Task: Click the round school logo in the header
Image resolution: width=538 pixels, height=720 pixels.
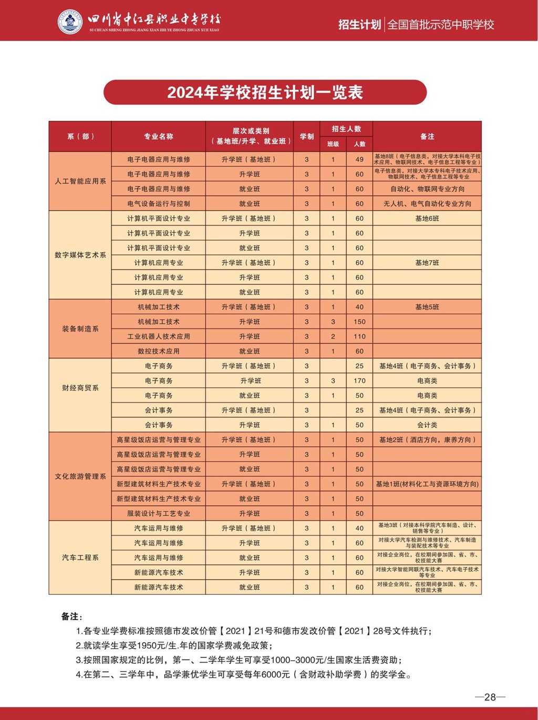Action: (x=70, y=22)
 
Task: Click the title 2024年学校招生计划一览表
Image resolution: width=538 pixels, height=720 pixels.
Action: (x=265, y=92)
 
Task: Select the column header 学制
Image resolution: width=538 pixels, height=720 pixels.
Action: (x=307, y=137)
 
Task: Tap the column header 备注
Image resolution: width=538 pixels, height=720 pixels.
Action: (x=427, y=137)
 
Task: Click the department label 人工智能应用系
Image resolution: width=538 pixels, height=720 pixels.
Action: (x=80, y=181)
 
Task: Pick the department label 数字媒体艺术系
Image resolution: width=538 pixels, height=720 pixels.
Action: (x=80, y=255)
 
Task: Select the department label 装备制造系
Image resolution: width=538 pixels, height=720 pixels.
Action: (x=80, y=329)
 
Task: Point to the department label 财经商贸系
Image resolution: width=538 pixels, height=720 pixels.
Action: (x=80, y=388)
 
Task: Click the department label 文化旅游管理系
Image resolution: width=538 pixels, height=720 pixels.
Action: (x=80, y=476)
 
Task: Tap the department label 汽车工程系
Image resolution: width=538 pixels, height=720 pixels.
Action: (x=80, y=558)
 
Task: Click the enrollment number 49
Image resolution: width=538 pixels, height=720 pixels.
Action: (x=359, y=159)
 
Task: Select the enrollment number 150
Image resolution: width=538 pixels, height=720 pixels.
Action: (x=359, y=322)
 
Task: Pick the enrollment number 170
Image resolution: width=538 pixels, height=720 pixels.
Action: (x=359, y=380)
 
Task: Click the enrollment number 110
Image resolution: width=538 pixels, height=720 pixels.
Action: (x=359, y=336)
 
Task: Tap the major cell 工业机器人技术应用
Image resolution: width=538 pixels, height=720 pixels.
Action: (x=159, y=336)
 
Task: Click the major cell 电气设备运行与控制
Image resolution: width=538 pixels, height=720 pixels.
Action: (x=159, y=203)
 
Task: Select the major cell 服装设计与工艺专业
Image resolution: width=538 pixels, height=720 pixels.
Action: (x=159, y=513)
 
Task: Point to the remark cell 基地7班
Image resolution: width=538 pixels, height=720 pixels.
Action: (x=427, y=263)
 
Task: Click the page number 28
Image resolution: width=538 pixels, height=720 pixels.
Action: (x=490, y=697)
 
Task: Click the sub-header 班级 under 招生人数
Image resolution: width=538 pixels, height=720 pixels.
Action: (x=333, y=144)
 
